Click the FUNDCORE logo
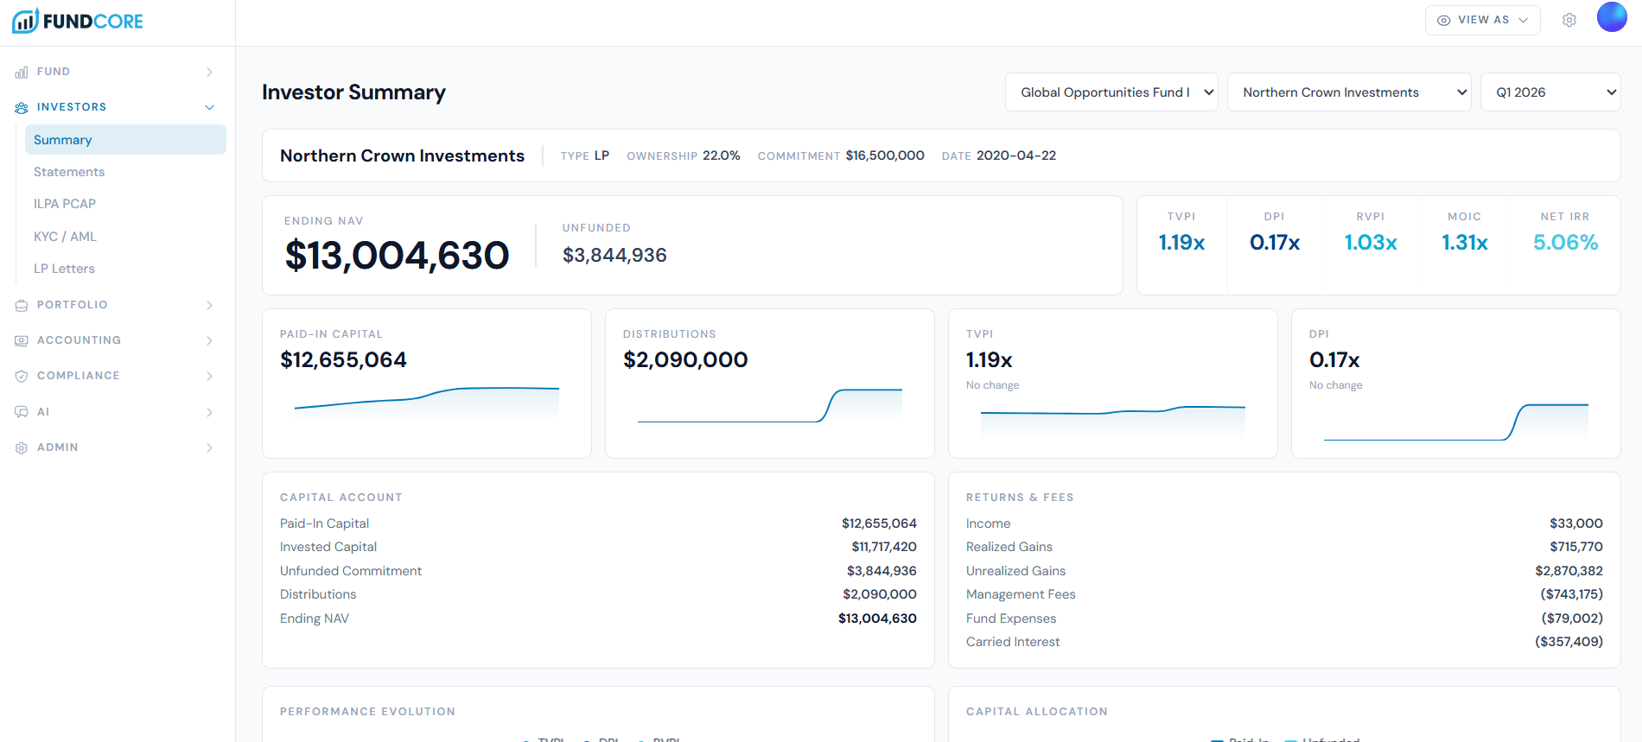(78, 22)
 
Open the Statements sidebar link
(69, 172)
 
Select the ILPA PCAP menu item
(65, 204)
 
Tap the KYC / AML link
(65, 237)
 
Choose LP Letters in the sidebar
(64, 269)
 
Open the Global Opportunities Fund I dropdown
(1111, 92)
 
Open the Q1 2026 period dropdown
(1550, 92)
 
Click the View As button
(1482, 20)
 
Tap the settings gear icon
(1569, 20)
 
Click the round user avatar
(1612, 17)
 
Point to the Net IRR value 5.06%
(1565, 243)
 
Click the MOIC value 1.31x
(1465, 243)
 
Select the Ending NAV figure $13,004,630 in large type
(397, 256)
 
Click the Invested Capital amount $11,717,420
(883, 547)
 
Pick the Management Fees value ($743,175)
(1571, 594)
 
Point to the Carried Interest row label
(1013, 642)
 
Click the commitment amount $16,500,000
(885, 155)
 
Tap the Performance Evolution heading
(367, 712)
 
